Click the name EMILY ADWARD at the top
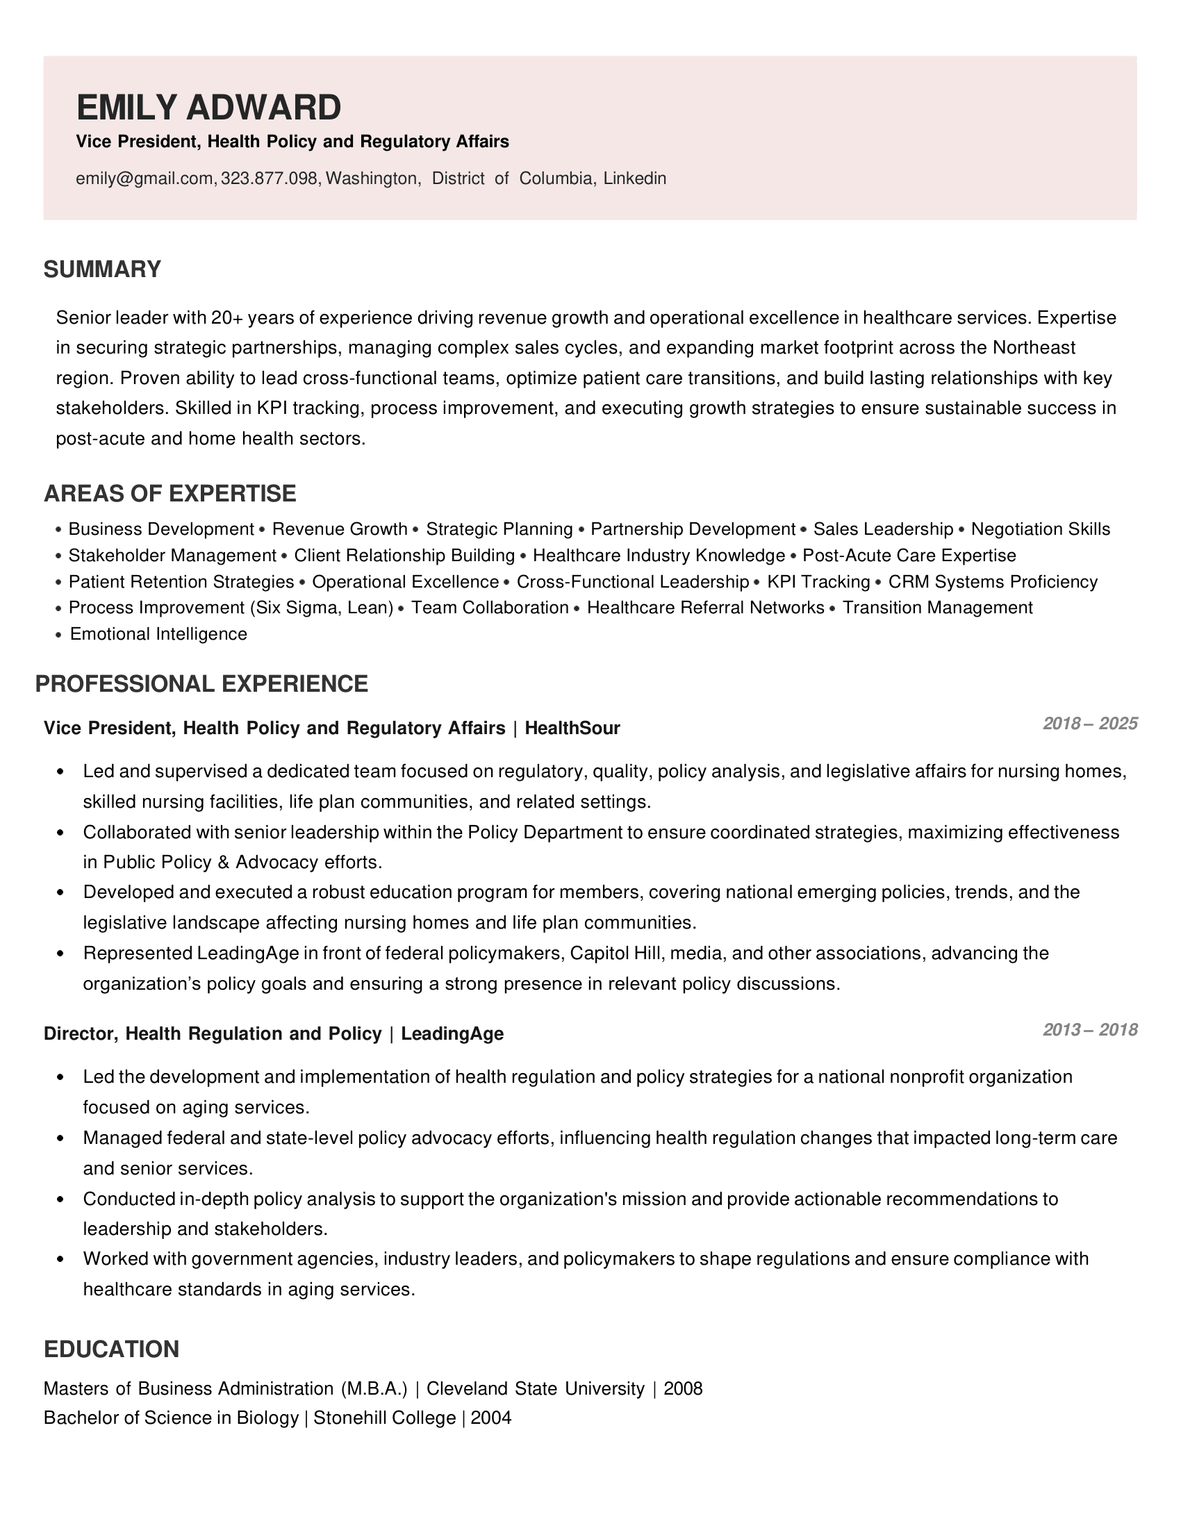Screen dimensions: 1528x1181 tap(208, 108)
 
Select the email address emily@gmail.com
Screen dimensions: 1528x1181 tap(144, 179)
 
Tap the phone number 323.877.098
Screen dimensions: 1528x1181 tap(270, 179)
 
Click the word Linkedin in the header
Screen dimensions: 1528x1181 tap(634, 179)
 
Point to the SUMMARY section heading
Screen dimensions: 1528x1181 tap(102, 269)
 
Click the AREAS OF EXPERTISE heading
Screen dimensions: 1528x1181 tap(170, 494)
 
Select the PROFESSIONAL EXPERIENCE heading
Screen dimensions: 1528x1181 tap(201, 684)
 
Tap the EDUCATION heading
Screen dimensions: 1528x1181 tap(111, 1350)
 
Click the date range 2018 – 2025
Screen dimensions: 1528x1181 tap(1090, 724)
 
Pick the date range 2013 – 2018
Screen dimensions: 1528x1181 tap(1090, 1030)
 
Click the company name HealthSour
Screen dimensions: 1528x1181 tap(572, 729)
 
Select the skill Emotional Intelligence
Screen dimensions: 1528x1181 tap(159, 635)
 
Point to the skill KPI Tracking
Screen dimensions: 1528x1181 tap(818, 582)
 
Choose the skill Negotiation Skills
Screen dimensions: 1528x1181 tap(1041, 530)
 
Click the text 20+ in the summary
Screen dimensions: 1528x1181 tap(226, 318)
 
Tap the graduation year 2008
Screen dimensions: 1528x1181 tap(683, 1389)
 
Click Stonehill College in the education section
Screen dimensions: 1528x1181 tap(385, 1418)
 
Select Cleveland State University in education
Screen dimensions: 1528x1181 tap(535, 1389)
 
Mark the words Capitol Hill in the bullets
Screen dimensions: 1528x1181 tap(609, 954)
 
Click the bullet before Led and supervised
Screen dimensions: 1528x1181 tap(60, 772)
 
